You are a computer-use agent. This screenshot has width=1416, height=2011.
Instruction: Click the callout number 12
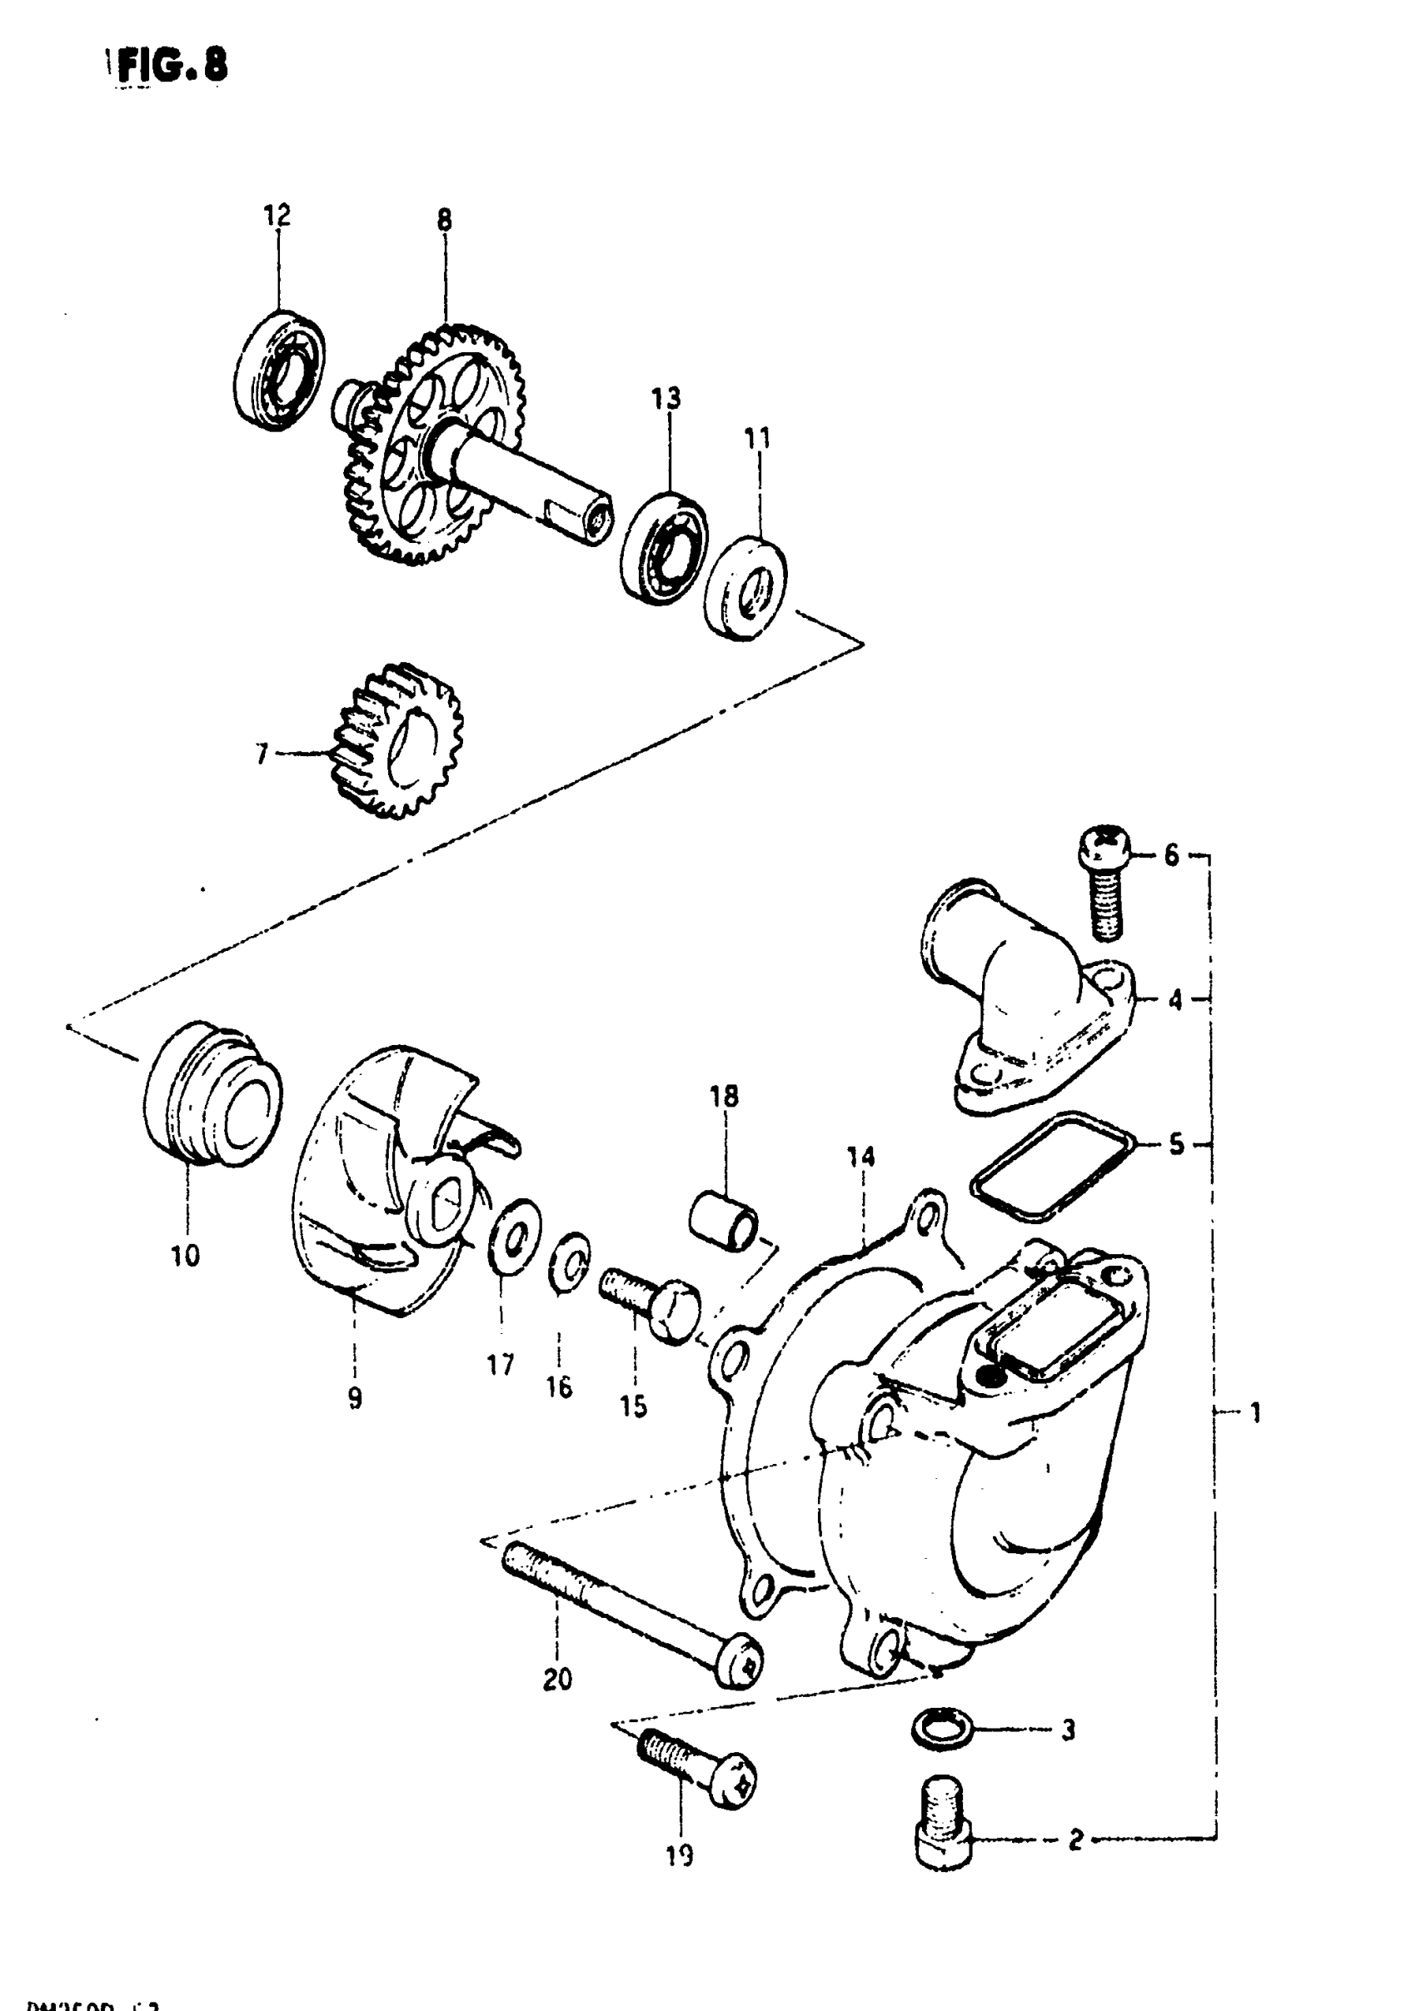click(277, 216)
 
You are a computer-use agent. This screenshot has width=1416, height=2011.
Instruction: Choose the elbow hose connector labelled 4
click(1025, 998)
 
